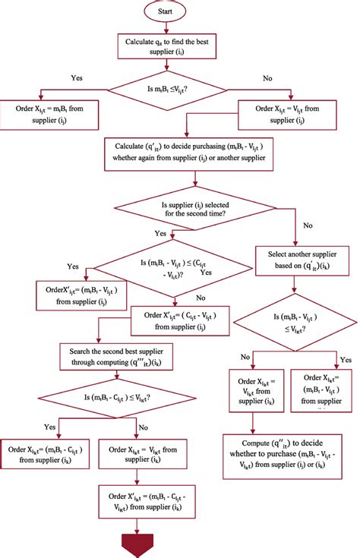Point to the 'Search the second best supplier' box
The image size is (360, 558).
point(115,356)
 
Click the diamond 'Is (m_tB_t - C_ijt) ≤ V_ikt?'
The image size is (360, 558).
point(115,397)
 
